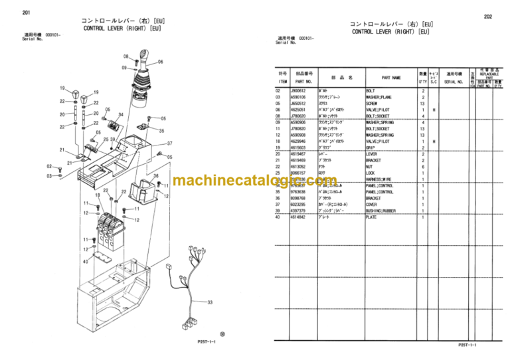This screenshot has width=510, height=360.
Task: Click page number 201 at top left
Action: point(26,13)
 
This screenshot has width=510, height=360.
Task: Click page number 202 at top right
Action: point(488,17)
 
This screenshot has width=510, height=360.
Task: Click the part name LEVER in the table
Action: point(372,153)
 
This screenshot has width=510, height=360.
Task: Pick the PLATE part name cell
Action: point(372,217)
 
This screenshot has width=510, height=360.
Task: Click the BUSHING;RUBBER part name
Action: point(381,211)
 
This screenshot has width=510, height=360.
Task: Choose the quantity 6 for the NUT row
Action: point(422,166)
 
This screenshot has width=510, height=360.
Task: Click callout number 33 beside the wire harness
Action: point(210,302)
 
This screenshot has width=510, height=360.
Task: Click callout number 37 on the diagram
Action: point(169,143)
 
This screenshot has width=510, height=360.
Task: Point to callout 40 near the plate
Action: point(85,262)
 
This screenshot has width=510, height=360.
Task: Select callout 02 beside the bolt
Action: point(49,166)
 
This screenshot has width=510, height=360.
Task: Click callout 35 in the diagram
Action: point(161,131)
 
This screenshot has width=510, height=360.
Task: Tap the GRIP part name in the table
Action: point(371,147)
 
